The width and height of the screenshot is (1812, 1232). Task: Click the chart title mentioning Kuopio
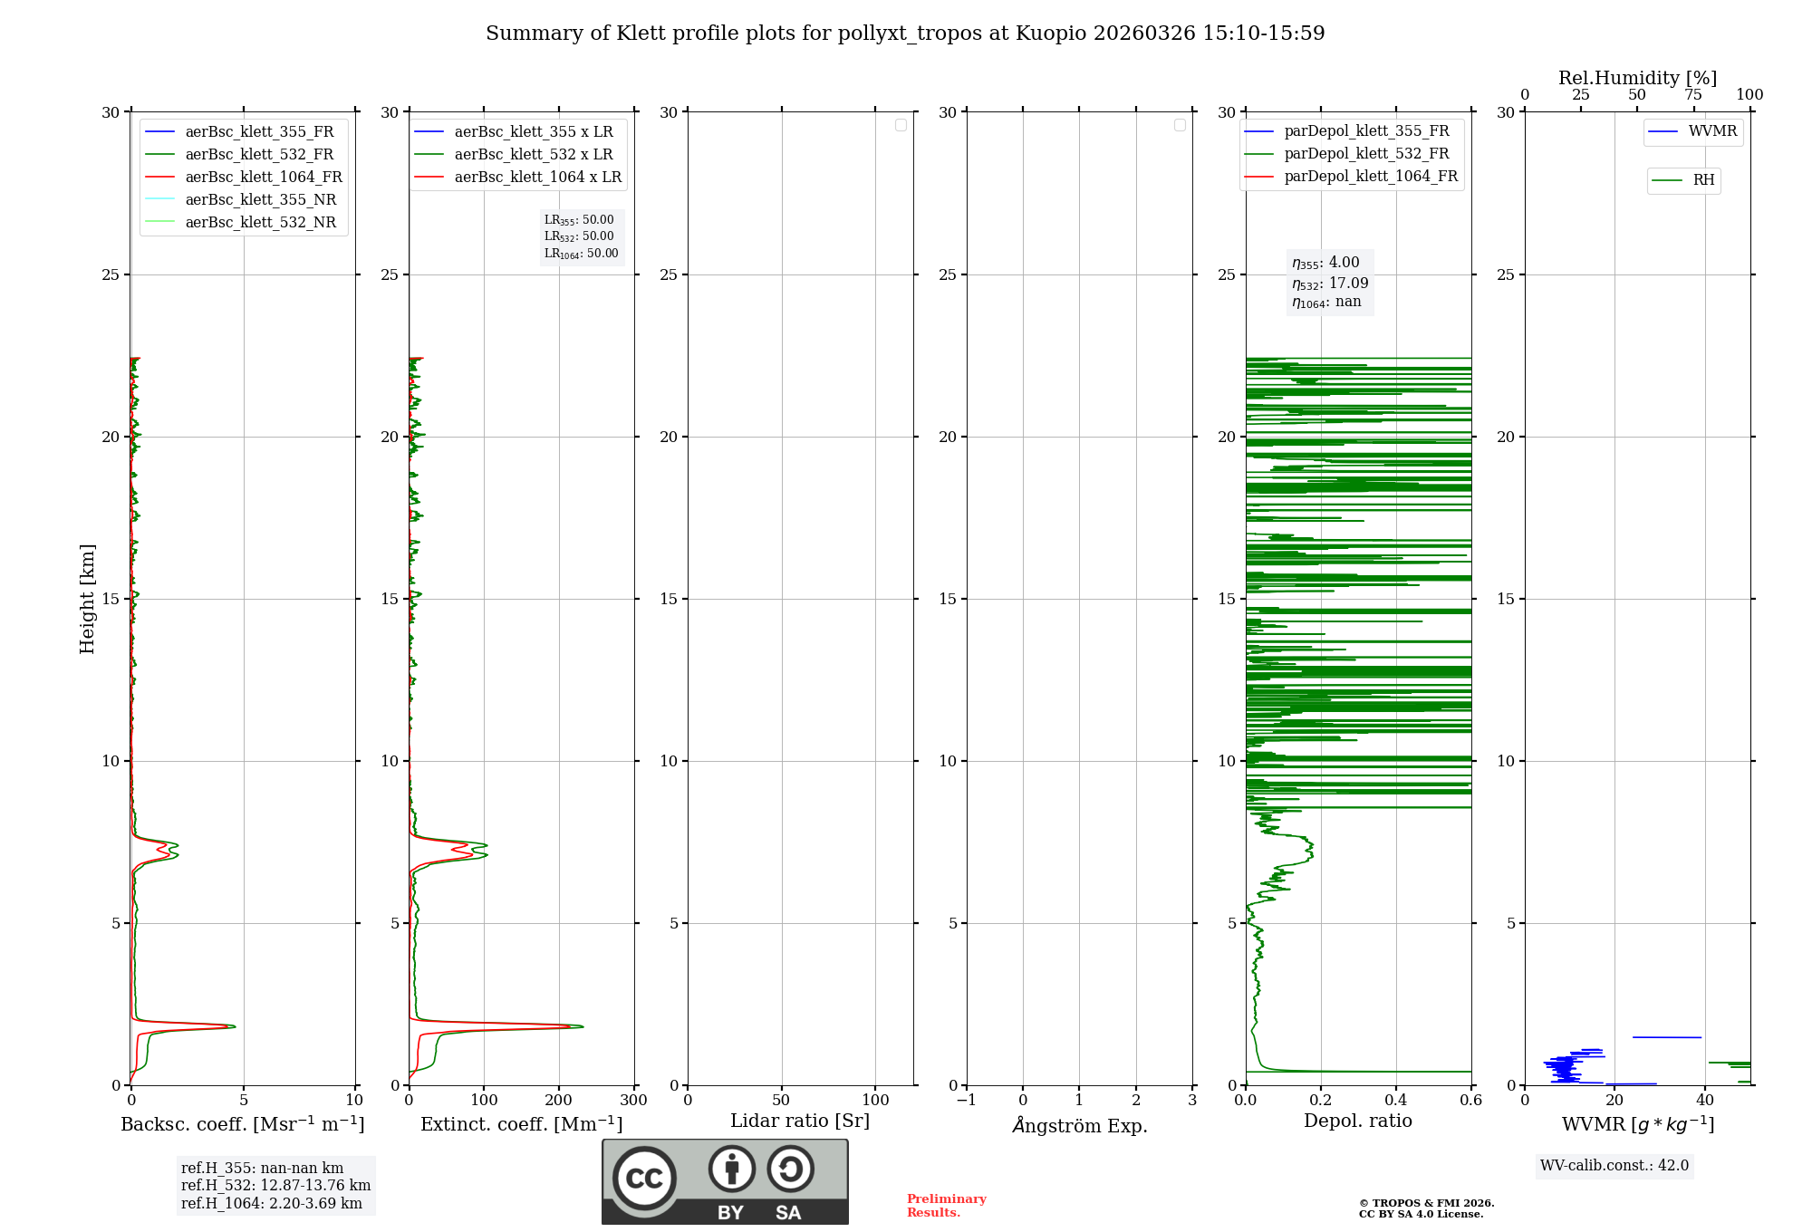905,34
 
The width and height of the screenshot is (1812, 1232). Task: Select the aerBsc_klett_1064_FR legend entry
263,177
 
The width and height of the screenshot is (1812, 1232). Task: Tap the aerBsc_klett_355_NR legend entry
260,199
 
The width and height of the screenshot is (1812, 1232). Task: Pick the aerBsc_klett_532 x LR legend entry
533,154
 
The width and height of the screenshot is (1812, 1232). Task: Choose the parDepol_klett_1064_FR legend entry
1370,176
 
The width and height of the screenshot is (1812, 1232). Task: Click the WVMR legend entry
1711,131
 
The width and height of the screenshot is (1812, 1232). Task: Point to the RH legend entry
1702,180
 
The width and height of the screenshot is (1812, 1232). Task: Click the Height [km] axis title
87,599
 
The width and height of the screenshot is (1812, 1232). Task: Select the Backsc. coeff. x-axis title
243,1124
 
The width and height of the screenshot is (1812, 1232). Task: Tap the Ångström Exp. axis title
1079,1126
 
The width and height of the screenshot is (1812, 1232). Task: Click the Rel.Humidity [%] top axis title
1637,78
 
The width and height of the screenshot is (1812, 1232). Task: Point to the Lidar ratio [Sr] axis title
800,1121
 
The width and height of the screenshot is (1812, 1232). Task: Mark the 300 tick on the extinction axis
633,1101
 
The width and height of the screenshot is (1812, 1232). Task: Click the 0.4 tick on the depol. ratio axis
1396,1101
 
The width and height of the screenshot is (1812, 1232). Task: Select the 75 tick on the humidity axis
1693,95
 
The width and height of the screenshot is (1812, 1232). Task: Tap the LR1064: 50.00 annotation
581,254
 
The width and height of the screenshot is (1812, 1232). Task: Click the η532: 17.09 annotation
1329,283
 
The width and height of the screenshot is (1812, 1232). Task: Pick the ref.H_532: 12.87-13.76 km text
275,1185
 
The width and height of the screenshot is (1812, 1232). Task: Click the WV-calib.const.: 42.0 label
1614,1165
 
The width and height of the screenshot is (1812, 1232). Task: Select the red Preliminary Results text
946,1206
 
